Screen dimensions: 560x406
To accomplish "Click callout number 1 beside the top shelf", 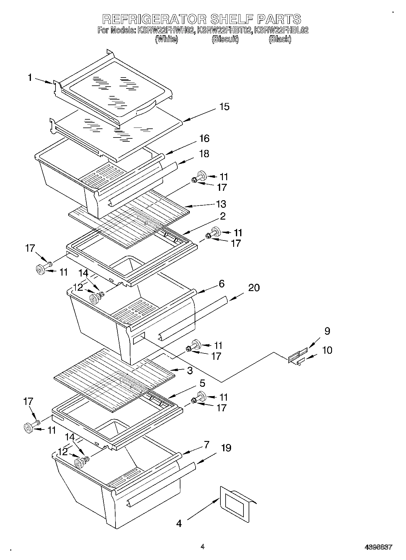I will [30, 78].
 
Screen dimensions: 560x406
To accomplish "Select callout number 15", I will [224, 107].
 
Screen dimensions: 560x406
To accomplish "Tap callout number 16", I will [205, 139].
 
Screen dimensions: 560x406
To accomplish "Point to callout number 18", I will [204, 154].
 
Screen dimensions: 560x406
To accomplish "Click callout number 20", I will [254, 287].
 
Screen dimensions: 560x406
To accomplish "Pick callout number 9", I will [327, 331].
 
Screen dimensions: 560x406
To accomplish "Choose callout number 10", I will [327, 350].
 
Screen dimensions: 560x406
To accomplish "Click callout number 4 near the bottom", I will [179, 523].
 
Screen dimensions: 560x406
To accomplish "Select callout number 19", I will [226, 448].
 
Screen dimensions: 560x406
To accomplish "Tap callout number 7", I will [206, 445].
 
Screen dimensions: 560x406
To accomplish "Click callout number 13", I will [221, 204].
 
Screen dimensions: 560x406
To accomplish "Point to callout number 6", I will [222, 284].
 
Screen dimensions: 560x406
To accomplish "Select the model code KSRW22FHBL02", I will [281, 30].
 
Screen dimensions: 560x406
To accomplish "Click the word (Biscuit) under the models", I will [225, 39].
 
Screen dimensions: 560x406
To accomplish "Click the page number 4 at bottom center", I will [203, 547].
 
